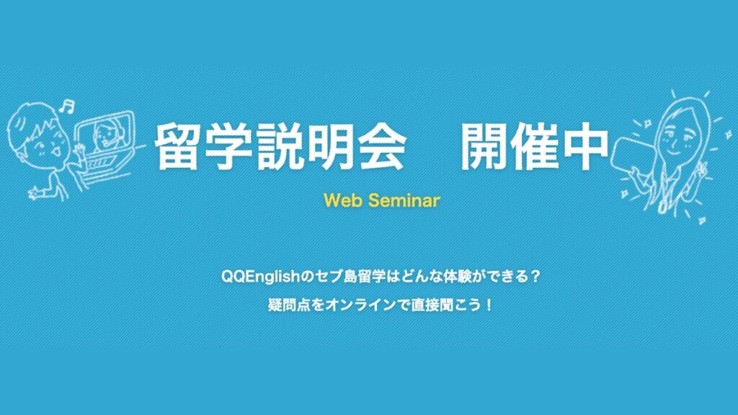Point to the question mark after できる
[534, 276]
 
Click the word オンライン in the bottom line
[355, 304]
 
